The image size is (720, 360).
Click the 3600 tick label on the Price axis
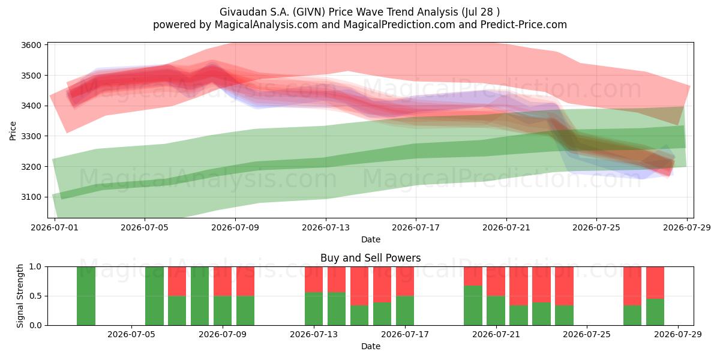[x=31, y=46]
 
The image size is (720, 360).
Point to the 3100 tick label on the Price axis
[x=31, y=197]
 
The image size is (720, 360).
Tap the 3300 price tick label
[x=31, y=136]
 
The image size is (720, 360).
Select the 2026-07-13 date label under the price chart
[x=326, y=227]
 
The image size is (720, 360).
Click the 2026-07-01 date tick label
[x=55, y=227]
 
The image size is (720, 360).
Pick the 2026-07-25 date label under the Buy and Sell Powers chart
[x=587, y=334]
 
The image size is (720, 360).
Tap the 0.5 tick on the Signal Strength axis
[x=35, y=296]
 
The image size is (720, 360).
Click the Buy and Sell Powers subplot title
[x=370, y=258]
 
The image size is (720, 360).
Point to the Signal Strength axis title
[x=20, y=296]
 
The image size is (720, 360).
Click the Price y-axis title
[x=13, y=131]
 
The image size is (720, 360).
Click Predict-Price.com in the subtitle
[x=524, y=25]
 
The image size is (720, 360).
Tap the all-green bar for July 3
[x=86, y=296]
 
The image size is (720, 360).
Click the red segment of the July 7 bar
[x=177, y=281]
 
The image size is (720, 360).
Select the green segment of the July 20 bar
[x=473, y=305]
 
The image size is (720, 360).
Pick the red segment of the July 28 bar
[x=655, y=283]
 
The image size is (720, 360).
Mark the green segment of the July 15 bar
[x=359, y=316]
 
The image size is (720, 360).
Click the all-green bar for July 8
[x=200, y=296]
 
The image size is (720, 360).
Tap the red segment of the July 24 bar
[x=564, y=286]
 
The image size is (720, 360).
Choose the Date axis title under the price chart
[x=371, y=239]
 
